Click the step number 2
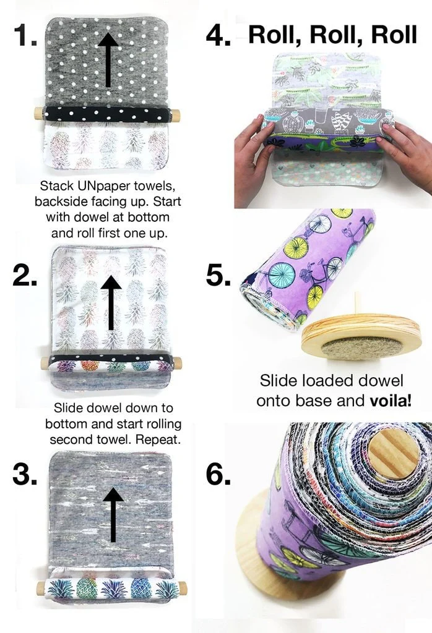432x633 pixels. click(x=25, y=275)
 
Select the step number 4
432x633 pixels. click(x=218, y=35)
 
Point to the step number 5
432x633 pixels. click(x=218, y=275)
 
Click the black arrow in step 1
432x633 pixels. click(x=109, y=59)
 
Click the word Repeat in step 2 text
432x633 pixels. click(x=153, y=440)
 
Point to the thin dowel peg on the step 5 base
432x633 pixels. click(x=357, y=307)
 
